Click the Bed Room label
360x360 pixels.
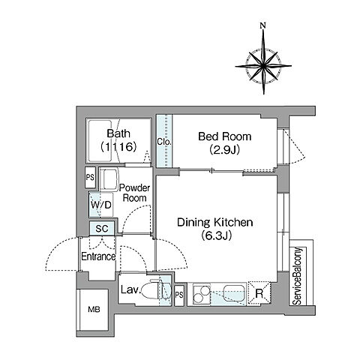coord(224,136)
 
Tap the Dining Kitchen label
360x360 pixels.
coord(215,222)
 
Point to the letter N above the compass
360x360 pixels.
coord(262,25)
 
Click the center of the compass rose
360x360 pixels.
coord(263,66)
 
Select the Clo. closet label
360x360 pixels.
coord(164,142)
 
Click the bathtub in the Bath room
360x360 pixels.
coord(100,141)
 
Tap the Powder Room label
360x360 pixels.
coord(134,193)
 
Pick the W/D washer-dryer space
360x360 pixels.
coord(100,205)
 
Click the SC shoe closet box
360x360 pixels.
coord(102,228)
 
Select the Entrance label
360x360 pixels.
coord(98,256)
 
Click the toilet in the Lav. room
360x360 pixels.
coord(154,291)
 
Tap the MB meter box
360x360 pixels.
coord(94,310)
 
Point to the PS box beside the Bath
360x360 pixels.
coord(90,178)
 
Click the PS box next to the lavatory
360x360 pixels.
coord(179,295)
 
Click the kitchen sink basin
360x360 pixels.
coord(233,292)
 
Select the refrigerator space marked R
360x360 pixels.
coord(259,293)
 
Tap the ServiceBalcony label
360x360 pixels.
coord(297,276)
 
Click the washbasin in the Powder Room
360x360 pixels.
coord(109,180)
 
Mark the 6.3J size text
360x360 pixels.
coord(216,235)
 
